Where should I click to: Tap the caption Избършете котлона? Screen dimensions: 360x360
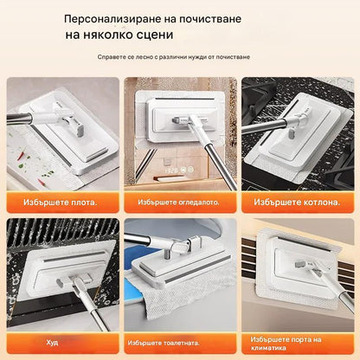[x=296, y=202]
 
